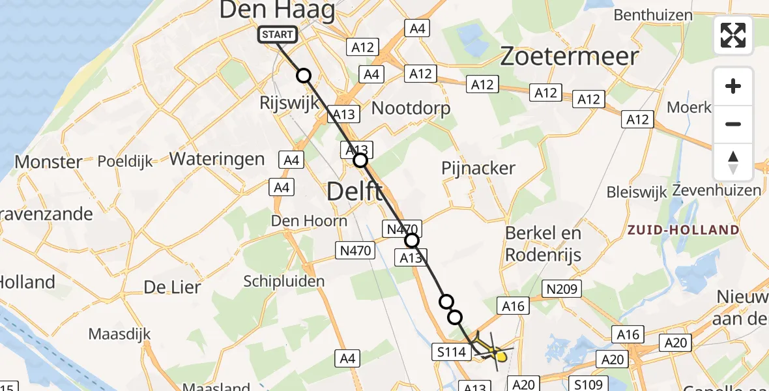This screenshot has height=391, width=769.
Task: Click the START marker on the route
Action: point(278,35)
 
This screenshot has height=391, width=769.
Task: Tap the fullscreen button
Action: point(733,35)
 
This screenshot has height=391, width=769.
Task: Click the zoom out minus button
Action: point(733,124)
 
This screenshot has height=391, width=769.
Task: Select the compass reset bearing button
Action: point(733,162)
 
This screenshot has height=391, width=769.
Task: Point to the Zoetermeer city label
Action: point(569,57)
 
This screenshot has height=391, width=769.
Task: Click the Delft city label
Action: point(355,191)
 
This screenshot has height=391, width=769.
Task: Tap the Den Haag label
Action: point(277,10)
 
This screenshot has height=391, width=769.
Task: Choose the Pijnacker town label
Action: point(478,168)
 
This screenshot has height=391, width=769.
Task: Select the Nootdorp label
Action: point(411,108)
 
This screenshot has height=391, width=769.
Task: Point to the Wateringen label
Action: point(217,158)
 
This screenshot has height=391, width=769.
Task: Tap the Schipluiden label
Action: point(283,281)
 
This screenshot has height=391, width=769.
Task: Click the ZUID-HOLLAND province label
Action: point(683,230)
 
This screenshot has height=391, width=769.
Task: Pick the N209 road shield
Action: point(562,289)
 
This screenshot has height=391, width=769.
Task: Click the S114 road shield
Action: point(451,353)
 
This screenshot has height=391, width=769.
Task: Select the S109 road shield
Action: point(588,383)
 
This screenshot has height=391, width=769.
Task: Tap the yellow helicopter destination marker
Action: point(500,355)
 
